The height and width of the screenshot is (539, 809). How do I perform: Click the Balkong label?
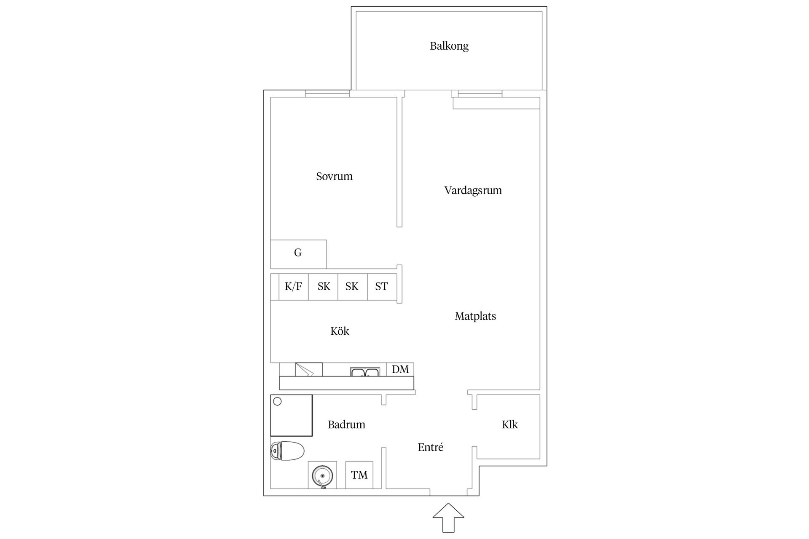coord(449,46)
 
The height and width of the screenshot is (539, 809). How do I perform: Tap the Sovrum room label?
coord(334,176)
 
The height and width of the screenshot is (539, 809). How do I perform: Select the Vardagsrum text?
coord(473,190)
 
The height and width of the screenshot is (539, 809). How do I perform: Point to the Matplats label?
coord(475,316)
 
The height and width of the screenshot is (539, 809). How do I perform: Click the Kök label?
coord(340,331)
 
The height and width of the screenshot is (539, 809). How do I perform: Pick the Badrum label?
coord(346,424)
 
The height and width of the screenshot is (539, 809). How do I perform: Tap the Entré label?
coord(430,447)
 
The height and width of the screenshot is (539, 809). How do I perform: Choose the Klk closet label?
coord(510,424)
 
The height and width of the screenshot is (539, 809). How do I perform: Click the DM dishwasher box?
coord(400,369)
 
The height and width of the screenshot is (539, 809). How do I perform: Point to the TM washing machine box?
coord(359,475)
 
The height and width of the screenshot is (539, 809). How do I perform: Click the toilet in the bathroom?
coord(287,451)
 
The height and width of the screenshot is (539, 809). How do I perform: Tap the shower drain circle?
coord(277,401)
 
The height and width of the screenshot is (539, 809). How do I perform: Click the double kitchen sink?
coord(365,372)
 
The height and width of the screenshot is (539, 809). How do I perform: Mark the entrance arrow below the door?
coord(448,518)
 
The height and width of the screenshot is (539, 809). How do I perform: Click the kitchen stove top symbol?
coord(309,369)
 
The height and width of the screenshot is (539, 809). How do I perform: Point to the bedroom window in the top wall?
coord(327,93)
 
